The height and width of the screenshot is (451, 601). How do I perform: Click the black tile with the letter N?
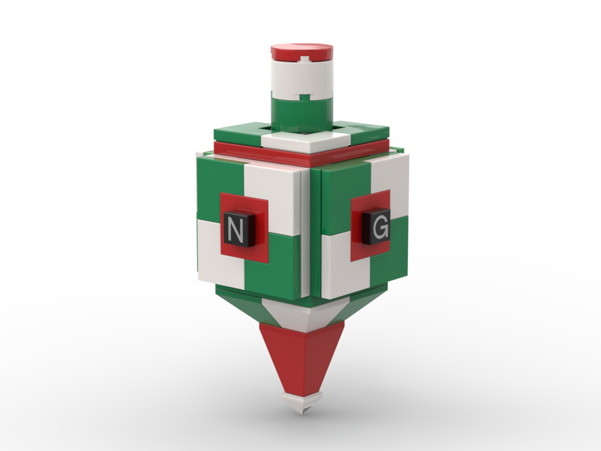[x=236, y=229]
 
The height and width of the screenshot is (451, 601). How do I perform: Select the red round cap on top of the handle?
[x=302, y=52]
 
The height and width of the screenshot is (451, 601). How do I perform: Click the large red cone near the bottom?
[x=300, y=355]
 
